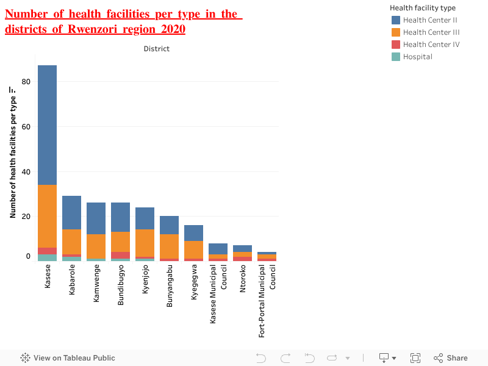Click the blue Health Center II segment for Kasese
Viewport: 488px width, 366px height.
pos(47,125)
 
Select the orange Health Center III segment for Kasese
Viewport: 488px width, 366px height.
pos(47,216)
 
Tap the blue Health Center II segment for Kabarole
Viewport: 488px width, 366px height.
pos(71,212)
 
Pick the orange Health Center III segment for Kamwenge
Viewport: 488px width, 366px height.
pos(96,246)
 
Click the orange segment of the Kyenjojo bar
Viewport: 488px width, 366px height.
pos(145,243)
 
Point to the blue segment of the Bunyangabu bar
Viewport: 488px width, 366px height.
pos(169,225)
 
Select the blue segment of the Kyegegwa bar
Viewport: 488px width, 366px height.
pos(193,233)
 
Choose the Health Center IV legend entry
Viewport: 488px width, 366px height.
pos(431,45)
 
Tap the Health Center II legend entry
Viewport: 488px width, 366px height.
pos(429,20)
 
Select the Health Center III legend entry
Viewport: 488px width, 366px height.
pos(431,32)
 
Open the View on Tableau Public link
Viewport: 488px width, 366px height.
pos(68,358)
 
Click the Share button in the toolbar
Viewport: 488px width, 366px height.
pos(451,358)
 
